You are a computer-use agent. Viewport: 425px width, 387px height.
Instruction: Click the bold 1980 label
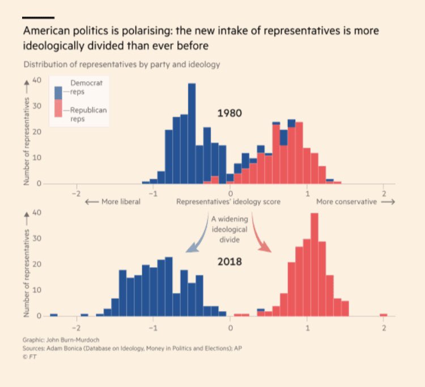pyautogui.click(x=229, y=113)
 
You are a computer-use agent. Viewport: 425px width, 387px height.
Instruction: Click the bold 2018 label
pyautogui.click(x=229, y=262)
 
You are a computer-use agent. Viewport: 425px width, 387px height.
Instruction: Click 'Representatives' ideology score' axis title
pyautogui.click(x=228, y=202)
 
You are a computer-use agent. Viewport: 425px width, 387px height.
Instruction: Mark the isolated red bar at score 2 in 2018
pyautogui.click(x=384, y=314)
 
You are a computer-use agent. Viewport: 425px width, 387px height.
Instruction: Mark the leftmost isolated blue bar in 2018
pyautogui.click(x=54, y=314)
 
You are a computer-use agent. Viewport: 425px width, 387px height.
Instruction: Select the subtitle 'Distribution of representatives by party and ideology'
pyautogui.click(x=122, y=64)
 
